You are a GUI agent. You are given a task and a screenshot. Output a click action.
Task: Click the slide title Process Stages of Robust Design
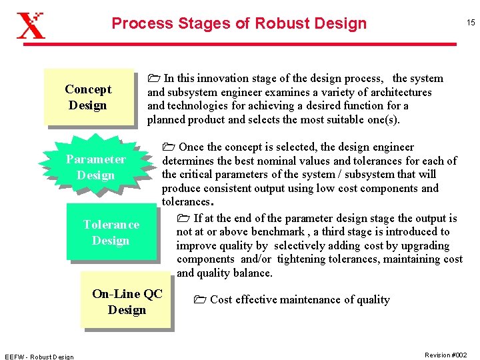click(x=239, y=23)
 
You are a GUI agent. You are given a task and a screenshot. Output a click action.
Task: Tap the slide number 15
click(x=470, y=23)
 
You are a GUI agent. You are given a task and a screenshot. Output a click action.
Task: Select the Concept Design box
click(x=89, y=97)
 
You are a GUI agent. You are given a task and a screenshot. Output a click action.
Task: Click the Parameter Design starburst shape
click(x=95, y=167)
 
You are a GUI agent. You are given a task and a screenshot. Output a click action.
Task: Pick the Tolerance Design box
click(x=111, y=232)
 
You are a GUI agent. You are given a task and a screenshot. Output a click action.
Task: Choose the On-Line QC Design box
click(x=127, y=301)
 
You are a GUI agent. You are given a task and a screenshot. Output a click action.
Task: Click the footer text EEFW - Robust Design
click(x=39, y=356)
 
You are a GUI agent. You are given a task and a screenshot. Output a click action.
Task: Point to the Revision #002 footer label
click(x=445, y=355)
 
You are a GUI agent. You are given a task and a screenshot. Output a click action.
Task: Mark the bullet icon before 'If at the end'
click(x=184, y=219)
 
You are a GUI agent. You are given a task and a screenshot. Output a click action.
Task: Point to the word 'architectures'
click(x=399, y=92)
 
